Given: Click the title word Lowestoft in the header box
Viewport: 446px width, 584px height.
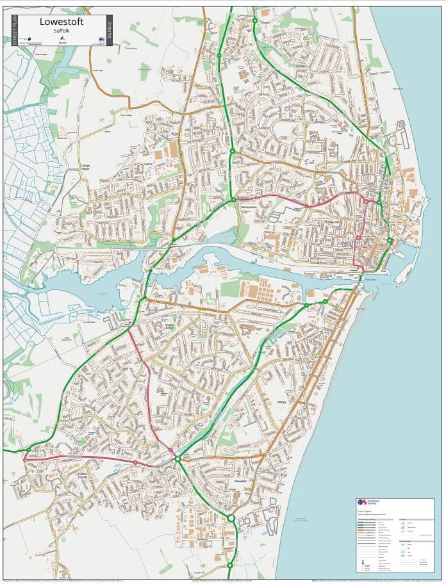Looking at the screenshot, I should tap(62, 22).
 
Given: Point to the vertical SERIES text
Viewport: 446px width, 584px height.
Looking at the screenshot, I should tap(108, 31).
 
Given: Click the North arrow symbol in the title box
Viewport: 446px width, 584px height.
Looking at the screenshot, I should tap(62, 38).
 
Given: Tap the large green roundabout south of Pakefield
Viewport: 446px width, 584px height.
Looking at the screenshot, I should tap(231, 518).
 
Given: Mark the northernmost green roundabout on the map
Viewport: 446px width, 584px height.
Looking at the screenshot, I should tap(255, 20).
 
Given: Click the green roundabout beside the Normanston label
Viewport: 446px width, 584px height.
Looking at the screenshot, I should tap(233, 200).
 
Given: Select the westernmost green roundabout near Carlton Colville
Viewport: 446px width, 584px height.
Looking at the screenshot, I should tap(31, 448).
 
